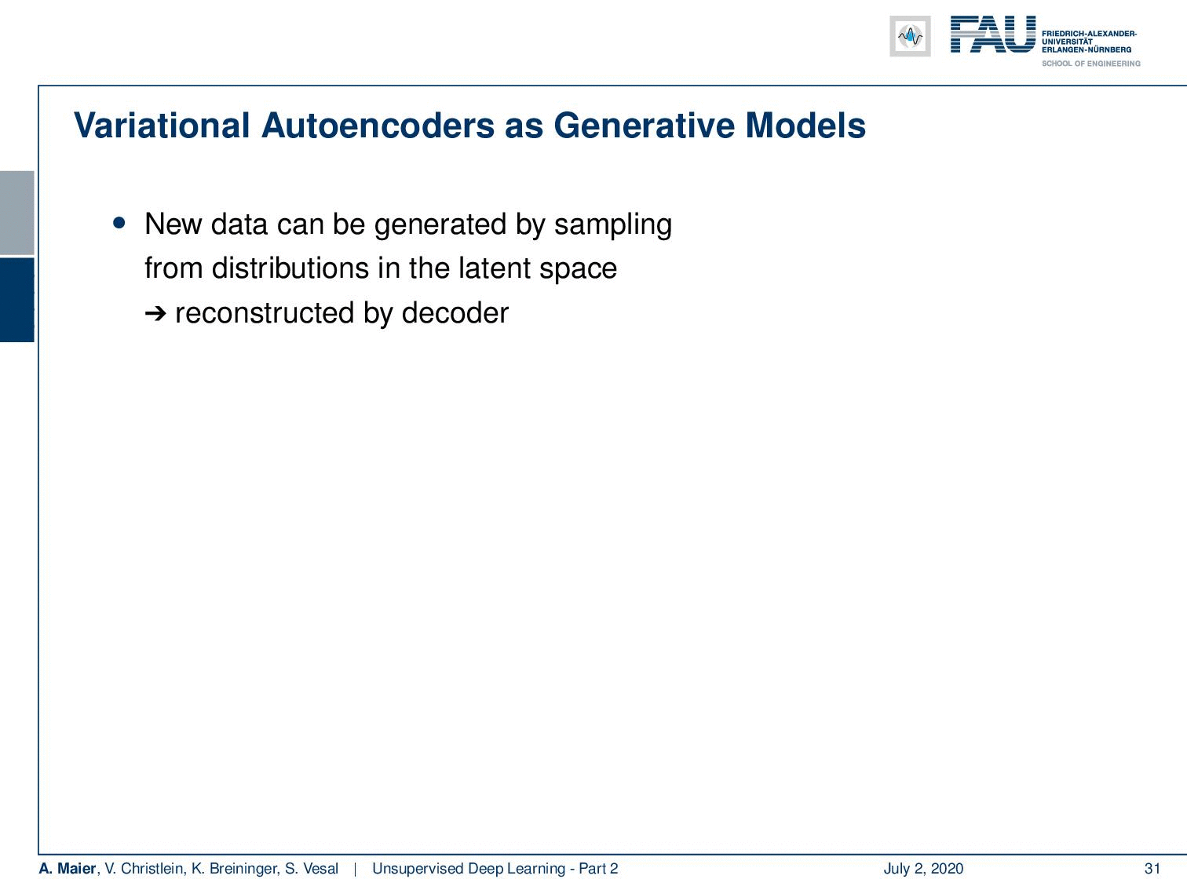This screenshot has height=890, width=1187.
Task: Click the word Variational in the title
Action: point(161,126)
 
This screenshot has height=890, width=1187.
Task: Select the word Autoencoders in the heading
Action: point(378,126)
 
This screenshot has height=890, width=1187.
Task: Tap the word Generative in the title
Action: point(643,126)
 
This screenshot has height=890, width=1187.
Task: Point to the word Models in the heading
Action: point(805,126)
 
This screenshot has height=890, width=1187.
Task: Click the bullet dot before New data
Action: point(119,223)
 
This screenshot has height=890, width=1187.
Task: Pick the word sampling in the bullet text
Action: point(612,224)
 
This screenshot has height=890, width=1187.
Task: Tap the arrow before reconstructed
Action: point(155,313)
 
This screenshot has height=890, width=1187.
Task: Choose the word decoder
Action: point(455,313)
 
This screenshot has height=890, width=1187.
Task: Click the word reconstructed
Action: point(265,313)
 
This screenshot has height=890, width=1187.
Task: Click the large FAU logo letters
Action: point(993,35)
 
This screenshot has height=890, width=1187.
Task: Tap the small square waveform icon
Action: point(910,36)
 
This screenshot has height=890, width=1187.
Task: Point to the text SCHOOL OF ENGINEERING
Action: point(1090,64)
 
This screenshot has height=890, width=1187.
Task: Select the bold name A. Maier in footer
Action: point(68,868)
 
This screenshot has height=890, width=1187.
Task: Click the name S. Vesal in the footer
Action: point(312,868)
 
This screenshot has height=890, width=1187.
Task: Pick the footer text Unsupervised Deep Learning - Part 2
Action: point(495,868)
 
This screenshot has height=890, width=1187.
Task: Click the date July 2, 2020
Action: point(923,868)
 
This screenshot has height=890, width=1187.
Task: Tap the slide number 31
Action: point(1152,868)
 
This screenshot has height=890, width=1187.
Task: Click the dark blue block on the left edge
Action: point(16,300)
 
